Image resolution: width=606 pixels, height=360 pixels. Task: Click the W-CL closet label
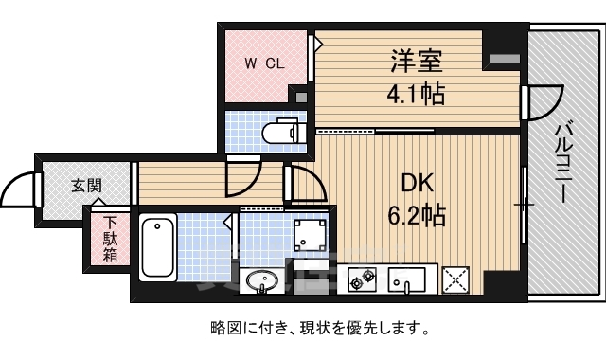265,63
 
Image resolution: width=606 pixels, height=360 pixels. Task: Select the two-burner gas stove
363,279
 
